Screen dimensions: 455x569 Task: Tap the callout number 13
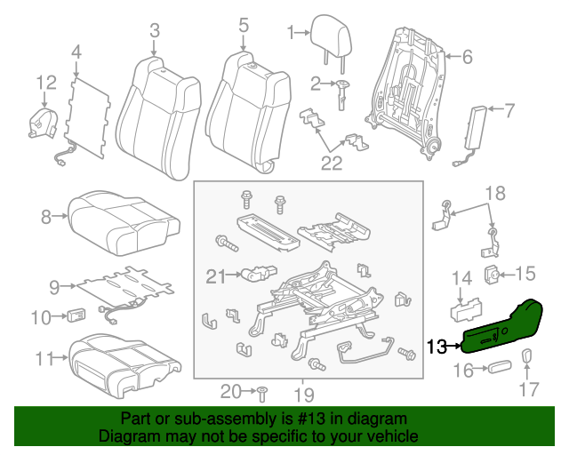coord(438,347)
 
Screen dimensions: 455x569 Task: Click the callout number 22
coord(331,162)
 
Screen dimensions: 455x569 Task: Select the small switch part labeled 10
coord(76,315)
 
